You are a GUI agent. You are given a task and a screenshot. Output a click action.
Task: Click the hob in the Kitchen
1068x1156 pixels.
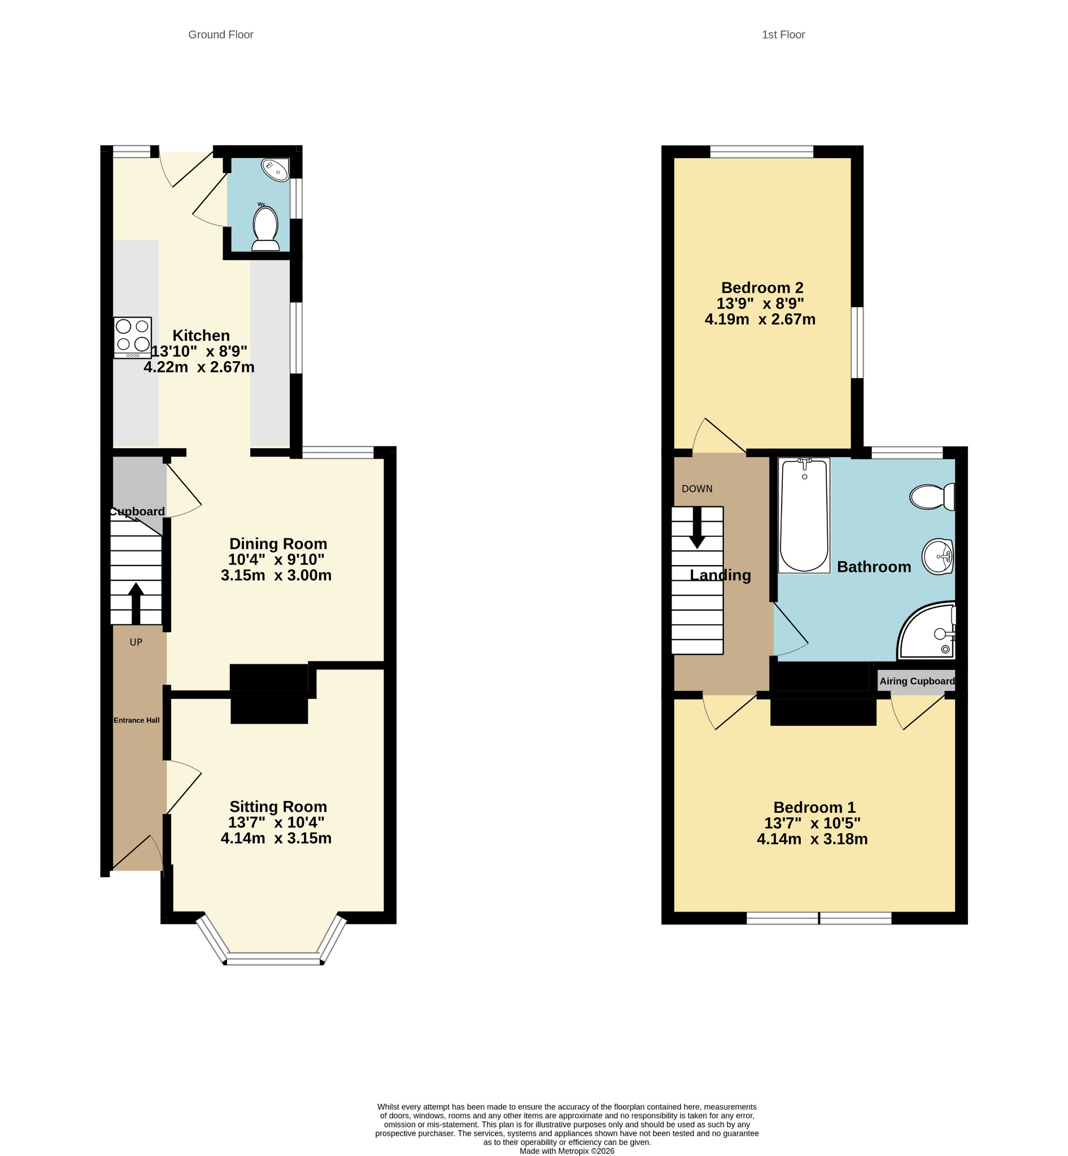point(132,338)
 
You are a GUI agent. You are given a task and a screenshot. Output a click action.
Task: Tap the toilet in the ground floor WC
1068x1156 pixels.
point(265,229)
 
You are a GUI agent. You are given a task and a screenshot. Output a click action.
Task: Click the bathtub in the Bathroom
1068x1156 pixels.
point(804,515)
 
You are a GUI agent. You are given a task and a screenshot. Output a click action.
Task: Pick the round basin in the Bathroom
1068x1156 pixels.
point(938,557)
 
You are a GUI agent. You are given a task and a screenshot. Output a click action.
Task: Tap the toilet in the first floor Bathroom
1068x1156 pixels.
point(932,496)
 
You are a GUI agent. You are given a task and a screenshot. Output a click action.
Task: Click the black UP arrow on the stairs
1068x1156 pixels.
point(136,603)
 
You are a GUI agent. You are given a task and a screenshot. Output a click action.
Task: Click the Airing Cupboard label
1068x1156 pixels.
point(917,681)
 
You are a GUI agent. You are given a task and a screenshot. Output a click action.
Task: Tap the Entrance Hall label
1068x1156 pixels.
point(136,720)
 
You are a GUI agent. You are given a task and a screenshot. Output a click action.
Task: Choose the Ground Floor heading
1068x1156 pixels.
point(221,34)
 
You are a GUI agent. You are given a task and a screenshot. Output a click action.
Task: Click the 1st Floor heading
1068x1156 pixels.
point(783,34)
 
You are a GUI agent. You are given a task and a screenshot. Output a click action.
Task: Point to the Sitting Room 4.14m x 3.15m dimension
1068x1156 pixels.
point(276,838)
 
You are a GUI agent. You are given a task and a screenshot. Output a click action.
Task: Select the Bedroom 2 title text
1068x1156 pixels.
point(762,288)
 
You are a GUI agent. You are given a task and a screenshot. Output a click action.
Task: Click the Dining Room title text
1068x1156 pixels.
point(278,544)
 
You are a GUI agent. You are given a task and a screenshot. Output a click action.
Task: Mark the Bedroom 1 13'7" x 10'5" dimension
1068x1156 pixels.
point(813,823)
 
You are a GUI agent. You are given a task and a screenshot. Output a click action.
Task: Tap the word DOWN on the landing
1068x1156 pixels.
point(697,489)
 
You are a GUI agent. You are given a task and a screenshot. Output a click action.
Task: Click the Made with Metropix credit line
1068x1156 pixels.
point(567,1151)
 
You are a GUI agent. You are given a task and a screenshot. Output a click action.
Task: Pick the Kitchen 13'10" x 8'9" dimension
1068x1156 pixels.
point(199,351)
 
